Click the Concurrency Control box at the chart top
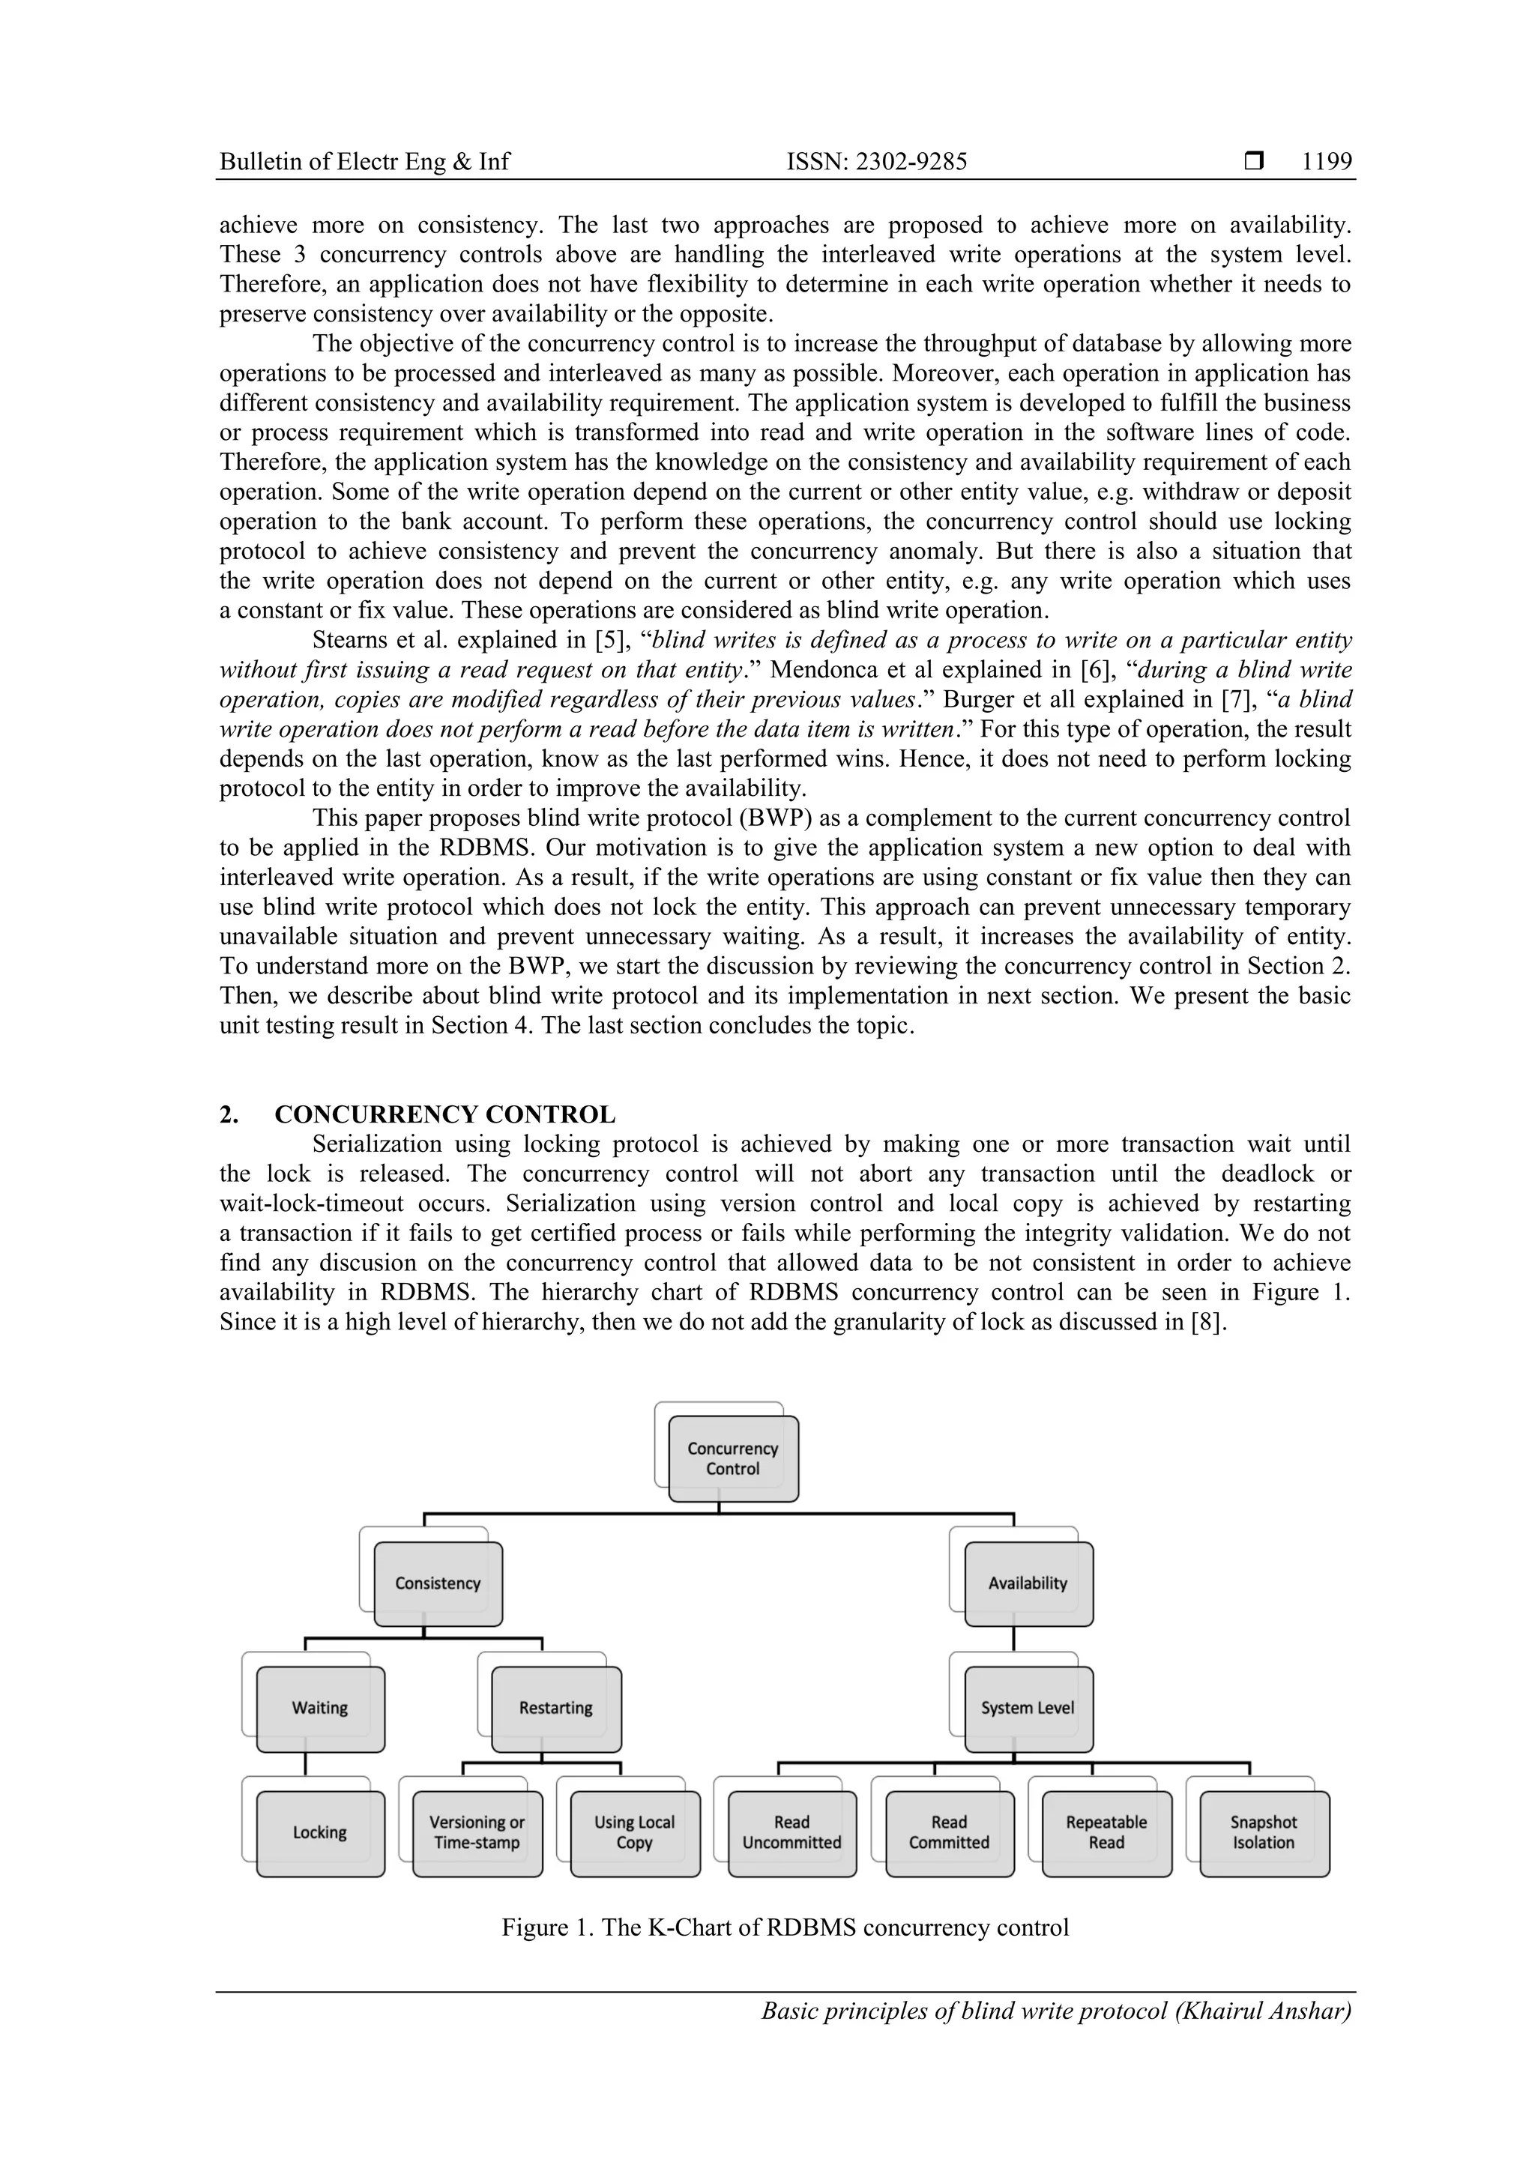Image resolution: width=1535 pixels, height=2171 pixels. click(733, 1458)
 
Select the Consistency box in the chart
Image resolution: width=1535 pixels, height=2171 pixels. click(438, 1583)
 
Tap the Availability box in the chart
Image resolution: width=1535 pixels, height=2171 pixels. click(1028, 1583)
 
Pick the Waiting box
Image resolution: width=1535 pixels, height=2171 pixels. click(320, 1708)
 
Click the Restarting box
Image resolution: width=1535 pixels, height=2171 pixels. click(556, 1708)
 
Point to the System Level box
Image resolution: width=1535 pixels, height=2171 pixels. click(1028, 1708)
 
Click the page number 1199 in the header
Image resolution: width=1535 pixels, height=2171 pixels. click(1327, 162)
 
